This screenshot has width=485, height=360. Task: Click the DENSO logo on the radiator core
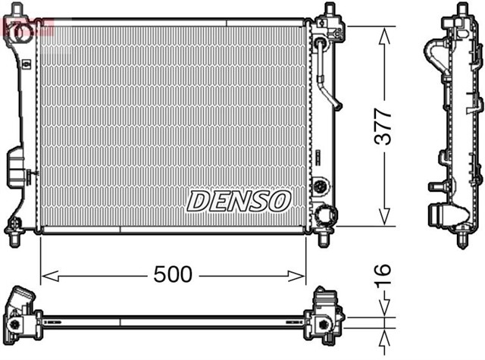click(x=239, y=201)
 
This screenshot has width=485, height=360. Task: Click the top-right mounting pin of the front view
click(x=329, y=12)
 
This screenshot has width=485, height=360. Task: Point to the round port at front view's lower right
click(x=326, y=215)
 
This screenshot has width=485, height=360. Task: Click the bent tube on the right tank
click(x=328, y=76)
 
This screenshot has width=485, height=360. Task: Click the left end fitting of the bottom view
click(x=23, y=311)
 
